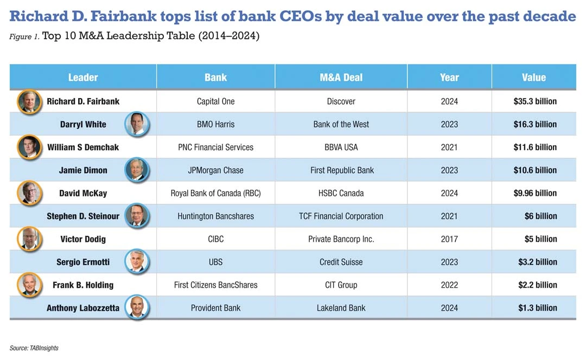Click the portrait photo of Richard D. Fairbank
[29, 101]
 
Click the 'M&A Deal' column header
[341, 77]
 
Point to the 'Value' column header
[533, 77]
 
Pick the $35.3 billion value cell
[535, 101]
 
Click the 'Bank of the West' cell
[341, 124]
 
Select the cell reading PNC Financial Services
[215, 147]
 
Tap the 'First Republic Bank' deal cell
[341, 170]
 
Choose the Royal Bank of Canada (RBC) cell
[215, 193]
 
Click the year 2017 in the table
[449, 239]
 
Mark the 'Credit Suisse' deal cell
[341, 262]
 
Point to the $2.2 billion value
[537, 285]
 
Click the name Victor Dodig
[83, 239]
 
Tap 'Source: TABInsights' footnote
[34, 348]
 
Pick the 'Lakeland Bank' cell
[341, 307]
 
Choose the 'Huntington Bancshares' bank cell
[215, 216]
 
